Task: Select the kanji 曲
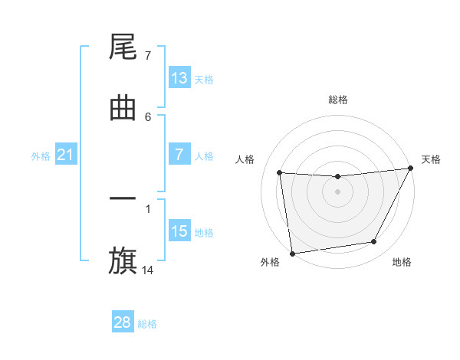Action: (x=123, y=108)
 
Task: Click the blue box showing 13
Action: (x=179, y=78)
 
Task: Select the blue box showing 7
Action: (x=179, y=155)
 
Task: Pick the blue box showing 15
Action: (x=179, y=231)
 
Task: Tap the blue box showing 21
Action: (x=66, y=155)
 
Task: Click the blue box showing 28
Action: (x=123, y=322)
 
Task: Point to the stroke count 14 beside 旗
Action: (x=148, y=270)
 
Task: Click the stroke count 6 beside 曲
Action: (x=148, y=116)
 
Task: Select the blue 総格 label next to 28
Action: (x=148, y=324)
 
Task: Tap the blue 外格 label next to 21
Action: (x=41, y=156)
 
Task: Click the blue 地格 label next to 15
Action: (x=204, y=233)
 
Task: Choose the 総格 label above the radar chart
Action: (x=338, y=100)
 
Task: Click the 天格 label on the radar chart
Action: (x=432, y=159)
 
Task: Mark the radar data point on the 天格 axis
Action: (x=410, y=169)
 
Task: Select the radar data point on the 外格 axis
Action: (x=292, y=253)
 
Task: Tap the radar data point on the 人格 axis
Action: (x=280, y=173)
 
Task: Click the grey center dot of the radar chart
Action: (x=337, y=191)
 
